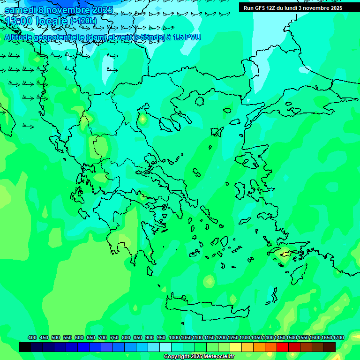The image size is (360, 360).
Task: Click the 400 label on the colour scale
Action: (x=32, y=337)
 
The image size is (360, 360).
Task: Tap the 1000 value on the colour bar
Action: (x=174, y=337)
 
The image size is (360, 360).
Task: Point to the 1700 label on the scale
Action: (x=338, y=337)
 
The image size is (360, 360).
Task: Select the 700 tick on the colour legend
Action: (x=103, y=337)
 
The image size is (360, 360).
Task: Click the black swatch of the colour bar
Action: (x=25, y=347)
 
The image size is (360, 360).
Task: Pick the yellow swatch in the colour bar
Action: (x=236, y=347)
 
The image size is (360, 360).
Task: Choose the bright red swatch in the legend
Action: (x=283, y=347)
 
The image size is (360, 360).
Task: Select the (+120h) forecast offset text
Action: (x=83, y=21)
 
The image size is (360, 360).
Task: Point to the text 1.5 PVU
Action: (x=187, y=37)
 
